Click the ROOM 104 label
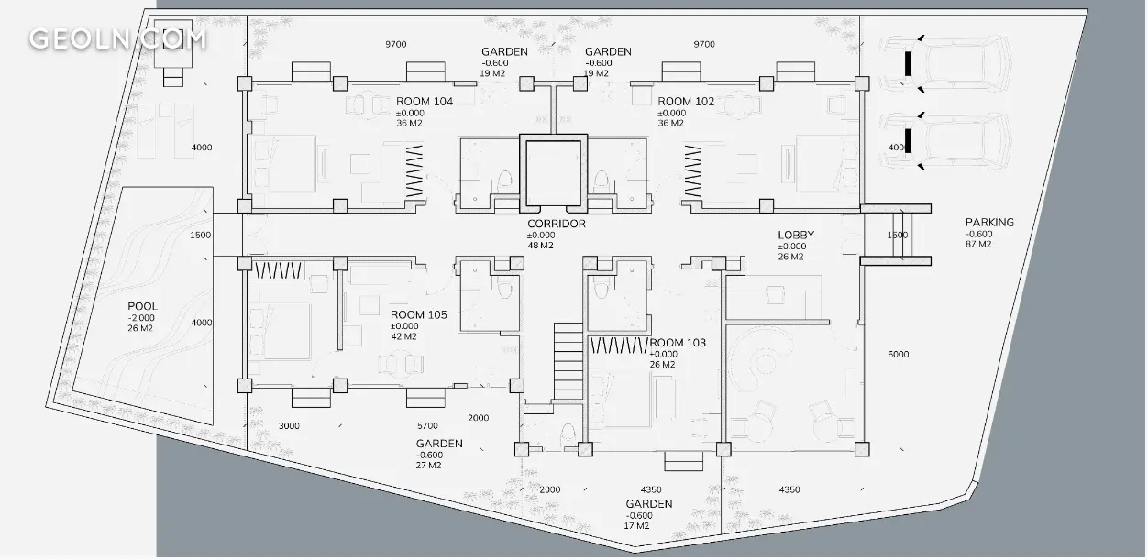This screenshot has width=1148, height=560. point(425,102)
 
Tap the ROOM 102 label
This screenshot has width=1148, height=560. point(686,102)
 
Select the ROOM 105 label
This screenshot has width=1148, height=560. point(419,314)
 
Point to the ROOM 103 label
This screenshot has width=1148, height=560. point(678,343)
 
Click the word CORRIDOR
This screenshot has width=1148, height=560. point(556,224)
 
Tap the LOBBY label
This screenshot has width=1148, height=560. point(796,236)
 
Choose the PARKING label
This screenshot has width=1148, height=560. point(989,223)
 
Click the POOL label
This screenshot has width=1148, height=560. point(142,306)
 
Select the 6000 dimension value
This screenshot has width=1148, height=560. point(898,354)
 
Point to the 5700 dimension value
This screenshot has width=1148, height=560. point(427,426)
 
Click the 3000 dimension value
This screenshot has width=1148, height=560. point(289,426)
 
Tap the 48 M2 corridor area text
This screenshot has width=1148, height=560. point(541,246)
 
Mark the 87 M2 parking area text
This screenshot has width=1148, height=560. point(978,244)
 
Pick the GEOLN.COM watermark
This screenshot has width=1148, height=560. point(118,39)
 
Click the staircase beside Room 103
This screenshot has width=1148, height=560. point(568,361)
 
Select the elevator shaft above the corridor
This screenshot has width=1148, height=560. point(554,173)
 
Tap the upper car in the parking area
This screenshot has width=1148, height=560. point(944,64)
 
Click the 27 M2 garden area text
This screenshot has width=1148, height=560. point(428,466)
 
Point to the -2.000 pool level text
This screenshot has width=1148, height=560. point(141,318)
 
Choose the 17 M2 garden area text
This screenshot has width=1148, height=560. point(636,526)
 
